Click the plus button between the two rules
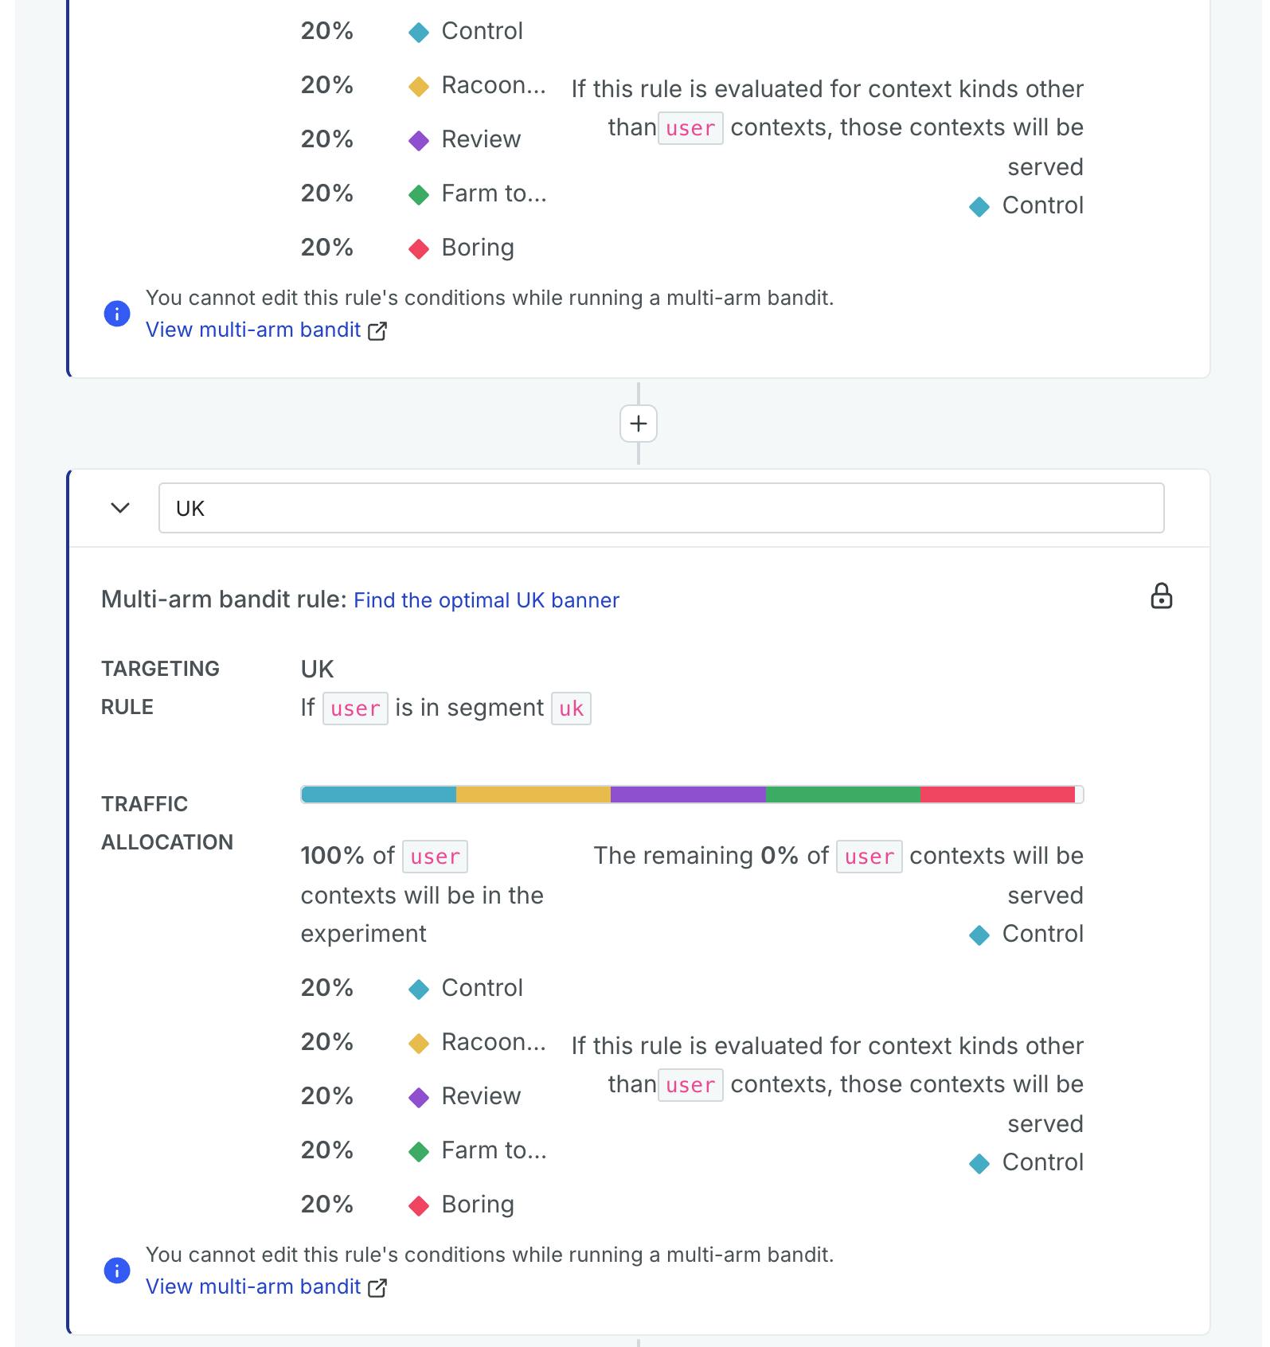(x=638, y=424)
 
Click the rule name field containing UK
(x=661, y=508)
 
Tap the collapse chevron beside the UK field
(x=120, y=508)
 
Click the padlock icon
(x=1161, y=596)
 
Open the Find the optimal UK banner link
(x=486, y=600)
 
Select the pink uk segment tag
(x=571, y=709)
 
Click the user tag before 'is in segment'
(x=355, y=709)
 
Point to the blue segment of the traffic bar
(x=379, y=795)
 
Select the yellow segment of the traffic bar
(x=533, y=795)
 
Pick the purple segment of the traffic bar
(x=688, y=795)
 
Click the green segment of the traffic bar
(x=842, y=795)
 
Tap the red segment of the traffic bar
(x=997, y=795)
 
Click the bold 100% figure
(x=332, y=856)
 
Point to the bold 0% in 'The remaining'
(x=779, y=856)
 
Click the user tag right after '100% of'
(x=435, y=857)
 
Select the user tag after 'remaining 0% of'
(x=869, y=857)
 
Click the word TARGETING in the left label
(x=160, y=669)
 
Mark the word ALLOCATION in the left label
(x=167, y=842)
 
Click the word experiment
(x=363, y=934)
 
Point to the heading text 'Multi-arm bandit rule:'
(x=224, y=599)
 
